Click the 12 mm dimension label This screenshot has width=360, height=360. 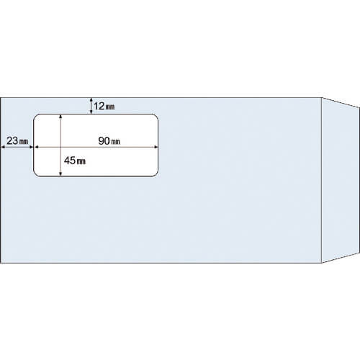[104, 106]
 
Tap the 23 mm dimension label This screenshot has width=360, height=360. [17, 140]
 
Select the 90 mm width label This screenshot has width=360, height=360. [109, 141]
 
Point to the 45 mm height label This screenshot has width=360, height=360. [75, 161]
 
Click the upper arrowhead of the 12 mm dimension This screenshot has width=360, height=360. [91, 99]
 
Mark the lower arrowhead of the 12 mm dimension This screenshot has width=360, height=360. [91, 112]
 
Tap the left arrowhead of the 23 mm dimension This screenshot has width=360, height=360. [3, 147]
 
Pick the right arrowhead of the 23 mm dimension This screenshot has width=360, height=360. [31, 147]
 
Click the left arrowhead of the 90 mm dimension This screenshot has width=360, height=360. [37, 147]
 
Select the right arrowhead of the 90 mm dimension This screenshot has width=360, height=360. [156, 147]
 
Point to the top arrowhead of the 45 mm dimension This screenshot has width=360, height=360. [60, 117]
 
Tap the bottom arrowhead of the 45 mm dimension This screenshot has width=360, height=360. [60, 174]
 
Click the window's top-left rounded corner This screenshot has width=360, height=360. [35, 116]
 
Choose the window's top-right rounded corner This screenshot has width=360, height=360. [156, 116]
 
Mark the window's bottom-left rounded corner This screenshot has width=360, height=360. [35, 174]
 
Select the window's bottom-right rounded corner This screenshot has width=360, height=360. [156, 174]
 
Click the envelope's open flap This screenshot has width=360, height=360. [341, 180]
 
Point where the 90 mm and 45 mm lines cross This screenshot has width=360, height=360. [60, 147]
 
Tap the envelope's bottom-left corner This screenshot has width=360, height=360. [1, 263]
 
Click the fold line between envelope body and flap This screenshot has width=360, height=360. [322, 180]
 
